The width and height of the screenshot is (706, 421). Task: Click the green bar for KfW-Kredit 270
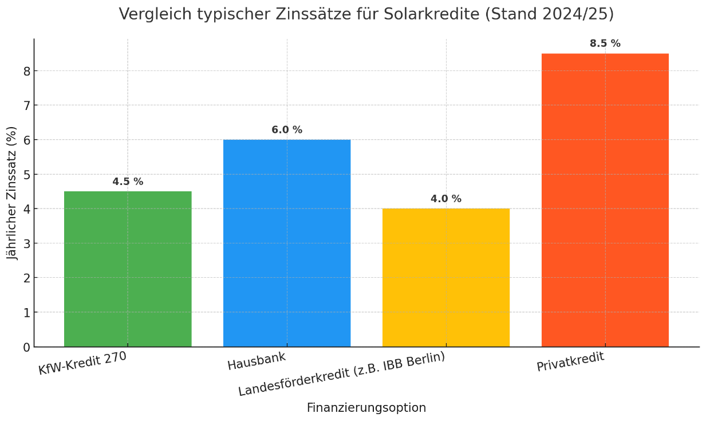pyautogui.click(x=128, y=269)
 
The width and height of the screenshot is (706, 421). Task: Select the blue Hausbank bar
pyautogui.click(x=287, y=243)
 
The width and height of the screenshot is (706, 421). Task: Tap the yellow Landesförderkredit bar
pyautogui.click(x=446, y=278)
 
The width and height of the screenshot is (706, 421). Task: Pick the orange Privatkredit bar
pyautogui.click(x=605, y=200)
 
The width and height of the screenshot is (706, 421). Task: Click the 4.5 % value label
pyautogui.click(x=128, y=182)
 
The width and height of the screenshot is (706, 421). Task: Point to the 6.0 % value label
pyautogui.click(x=287, y=130)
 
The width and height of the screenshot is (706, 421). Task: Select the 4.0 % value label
pyautogui.click(x=446, y=199)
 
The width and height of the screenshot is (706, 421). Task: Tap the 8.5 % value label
pyautogui.click(x=605, y=44)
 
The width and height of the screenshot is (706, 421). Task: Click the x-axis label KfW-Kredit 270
pyautogui.click(x=82, y=363)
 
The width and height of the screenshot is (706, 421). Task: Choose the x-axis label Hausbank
pyautogui.click(x=257, y=361)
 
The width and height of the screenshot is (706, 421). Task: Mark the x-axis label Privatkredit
pyautogui.click(x=570, y=362)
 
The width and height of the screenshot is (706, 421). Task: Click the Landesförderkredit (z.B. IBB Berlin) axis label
pyautogui.click(x=342, y=374)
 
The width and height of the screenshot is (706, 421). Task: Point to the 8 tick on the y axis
pyautogui.click(x=26, y=71)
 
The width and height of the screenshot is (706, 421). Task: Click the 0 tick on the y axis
pyautogui.click(x=26, y=347)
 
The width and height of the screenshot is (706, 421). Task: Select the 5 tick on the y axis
pyautogui.click(x=26, y=175)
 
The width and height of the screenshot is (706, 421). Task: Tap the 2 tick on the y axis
pyautogui.click(x=26, y=278)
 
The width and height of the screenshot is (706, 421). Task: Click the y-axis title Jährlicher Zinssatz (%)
pyautogui.click(x=13, y=192)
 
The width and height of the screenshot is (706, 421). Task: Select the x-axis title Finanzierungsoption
pyautogui.click(x=366, y=408)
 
